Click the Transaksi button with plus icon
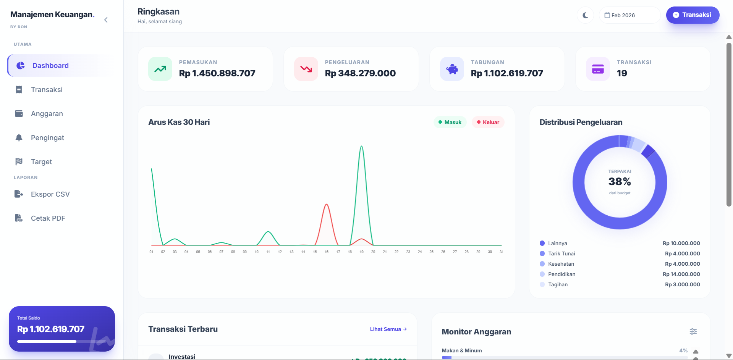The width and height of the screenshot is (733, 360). click(x=693, y=15)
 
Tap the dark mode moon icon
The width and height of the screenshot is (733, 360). click(x=585, y=15)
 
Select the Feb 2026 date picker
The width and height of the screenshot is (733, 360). click(x=629, y=15)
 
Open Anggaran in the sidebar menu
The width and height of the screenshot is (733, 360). click(x=47, y=114)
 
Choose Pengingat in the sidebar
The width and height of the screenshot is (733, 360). click(x=47, y=138)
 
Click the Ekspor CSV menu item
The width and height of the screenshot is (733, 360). click(x=50, y=194)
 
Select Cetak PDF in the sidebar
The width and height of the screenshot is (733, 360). click(x=48, y=218)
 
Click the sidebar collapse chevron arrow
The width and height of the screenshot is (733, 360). click(x=106, y=20)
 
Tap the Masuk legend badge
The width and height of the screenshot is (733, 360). click(x=450, y=122)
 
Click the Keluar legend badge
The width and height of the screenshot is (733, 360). click(x=488, y=122)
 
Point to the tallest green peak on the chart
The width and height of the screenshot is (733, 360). click(x=361, y=146)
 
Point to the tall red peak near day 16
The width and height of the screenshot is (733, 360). click(x=327, y=205)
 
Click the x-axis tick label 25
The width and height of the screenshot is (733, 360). click(x=431, y=252)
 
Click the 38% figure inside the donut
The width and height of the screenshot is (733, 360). click(x=620, y=182)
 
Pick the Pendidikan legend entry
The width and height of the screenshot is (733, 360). click(x=561, y=274)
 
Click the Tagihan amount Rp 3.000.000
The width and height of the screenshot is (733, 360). click(x=683, y=284)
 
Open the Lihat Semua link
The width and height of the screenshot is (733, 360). click(x=388, y=329)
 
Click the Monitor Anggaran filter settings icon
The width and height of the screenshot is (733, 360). click(x=693, y=331)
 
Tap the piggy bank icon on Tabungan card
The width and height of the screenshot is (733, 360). click(x=452, y=69)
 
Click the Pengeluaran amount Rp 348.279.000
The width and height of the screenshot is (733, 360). click(x=360, y=73)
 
